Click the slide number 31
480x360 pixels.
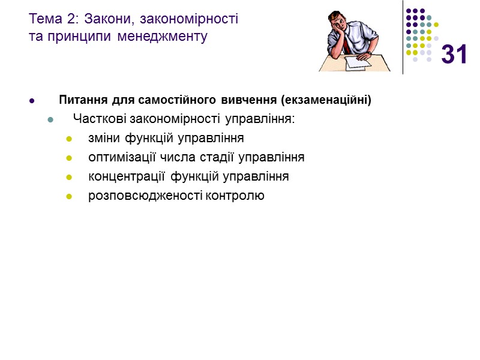click(x=454, y=55)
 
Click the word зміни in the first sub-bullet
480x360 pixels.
click(x=105, y=139)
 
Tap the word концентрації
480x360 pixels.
click(x=128, y=177)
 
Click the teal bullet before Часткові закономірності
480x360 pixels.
click(x=50, y=119)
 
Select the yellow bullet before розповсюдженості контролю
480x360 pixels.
click(x=69, y=196)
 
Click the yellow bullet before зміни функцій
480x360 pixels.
click(x=69, y=139)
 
